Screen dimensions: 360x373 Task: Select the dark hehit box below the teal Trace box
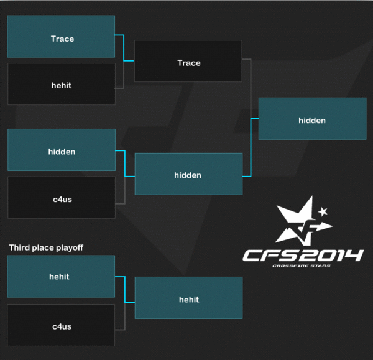(x=61, y=84)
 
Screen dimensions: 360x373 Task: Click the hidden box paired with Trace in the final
(x=188, y=174)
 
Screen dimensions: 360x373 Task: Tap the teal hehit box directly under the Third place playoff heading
(x=61, y=276)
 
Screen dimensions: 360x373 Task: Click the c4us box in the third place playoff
(x=61, y=325)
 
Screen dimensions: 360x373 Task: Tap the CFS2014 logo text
(x=303, y=256)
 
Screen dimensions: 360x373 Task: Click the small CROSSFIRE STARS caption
(x=303, y=266)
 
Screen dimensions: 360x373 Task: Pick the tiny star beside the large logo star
(x=322, y=212)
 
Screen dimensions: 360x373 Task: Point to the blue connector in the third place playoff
(x=125, y=289)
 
